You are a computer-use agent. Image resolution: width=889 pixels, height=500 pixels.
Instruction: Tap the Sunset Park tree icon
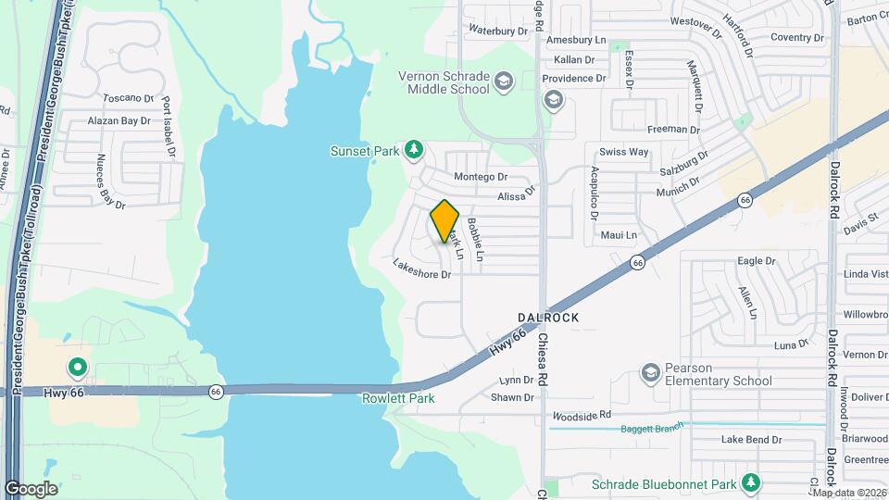pyautogui.click(x=415, y=150)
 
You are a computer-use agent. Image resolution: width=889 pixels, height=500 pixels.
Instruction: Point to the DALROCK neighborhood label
pyautogui.click(x=548, y=318)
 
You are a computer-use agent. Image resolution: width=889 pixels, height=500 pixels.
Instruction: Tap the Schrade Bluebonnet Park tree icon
pyautogui.click(x=751, y=483)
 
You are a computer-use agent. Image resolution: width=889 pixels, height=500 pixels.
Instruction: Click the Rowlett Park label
pyautogui.click(x=397, y=399)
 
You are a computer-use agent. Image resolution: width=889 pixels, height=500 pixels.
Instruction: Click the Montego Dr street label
pyautogui.click(x=481, y=176)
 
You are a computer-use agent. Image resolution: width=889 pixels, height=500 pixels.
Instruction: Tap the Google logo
pyautogui.click(x=31, y=489)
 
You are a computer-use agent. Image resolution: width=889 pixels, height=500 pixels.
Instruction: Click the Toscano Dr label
pyautogui.click(x=128, y=98)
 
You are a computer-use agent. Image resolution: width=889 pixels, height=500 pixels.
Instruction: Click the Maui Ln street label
pyautogui.click(x=619, y=235)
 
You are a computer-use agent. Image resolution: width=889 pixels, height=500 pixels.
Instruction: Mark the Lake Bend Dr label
pyautogui.click(x=752, y=440)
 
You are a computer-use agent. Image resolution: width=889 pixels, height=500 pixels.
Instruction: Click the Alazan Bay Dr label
pyautogui.click(x=119, y=121)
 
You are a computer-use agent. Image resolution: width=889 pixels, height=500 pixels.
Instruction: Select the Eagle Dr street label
pyautogui.click(x=756, y=262)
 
